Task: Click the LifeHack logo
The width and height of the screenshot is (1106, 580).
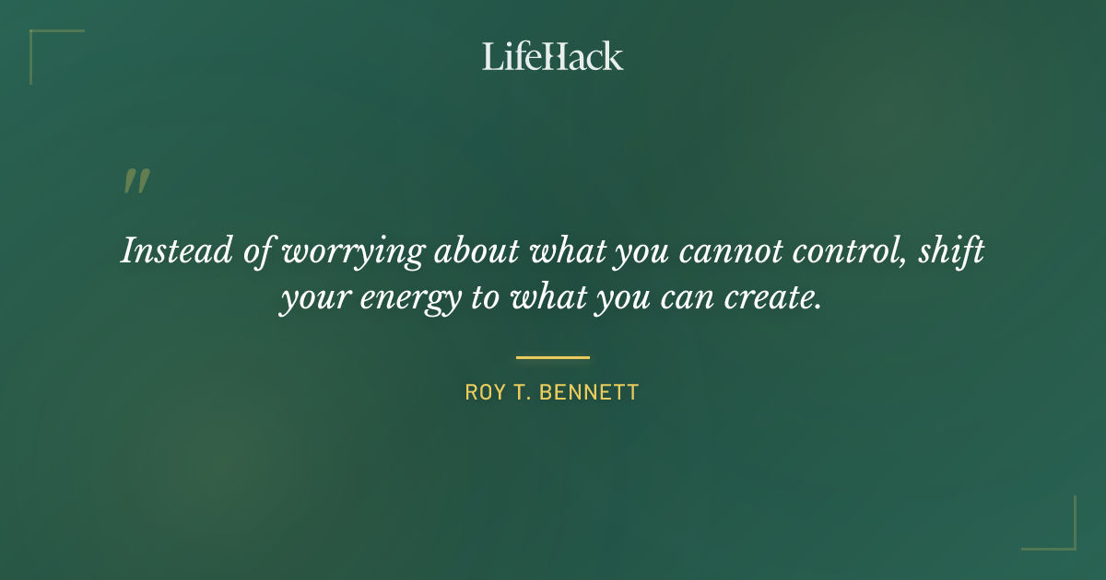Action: (553, 56)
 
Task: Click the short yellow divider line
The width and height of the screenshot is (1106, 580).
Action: (553, 357)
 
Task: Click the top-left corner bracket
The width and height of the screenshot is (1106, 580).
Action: (37, 37)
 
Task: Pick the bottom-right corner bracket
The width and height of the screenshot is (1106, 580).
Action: (1068, 542)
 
